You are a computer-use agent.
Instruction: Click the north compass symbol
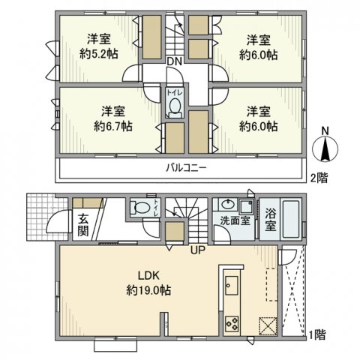point(325,148)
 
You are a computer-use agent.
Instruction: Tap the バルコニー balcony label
point(187,168)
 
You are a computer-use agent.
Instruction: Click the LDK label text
point(149,276)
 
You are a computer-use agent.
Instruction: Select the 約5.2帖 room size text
point(99,54)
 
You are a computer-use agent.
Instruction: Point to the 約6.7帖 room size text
point(113,126)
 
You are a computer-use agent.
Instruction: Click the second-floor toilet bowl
point(175,106)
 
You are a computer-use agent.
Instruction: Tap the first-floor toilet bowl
point(141,208)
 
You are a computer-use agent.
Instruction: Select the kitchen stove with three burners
point(232,324)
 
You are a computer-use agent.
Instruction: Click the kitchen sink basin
point(232,285)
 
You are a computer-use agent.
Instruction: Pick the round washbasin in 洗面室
point(227,205)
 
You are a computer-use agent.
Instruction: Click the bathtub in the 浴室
point(291,219)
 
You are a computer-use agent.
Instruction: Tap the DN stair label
point(174,61)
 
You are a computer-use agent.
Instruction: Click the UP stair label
point(198,250)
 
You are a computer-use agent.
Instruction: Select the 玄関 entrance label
point(83,225)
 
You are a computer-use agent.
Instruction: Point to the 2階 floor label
point(319,178)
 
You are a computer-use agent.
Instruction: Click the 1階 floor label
point(317,334)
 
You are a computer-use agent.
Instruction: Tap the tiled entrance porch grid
point(46,217)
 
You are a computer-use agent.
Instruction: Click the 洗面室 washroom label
point(235,220)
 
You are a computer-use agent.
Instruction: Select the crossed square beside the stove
point(268,325)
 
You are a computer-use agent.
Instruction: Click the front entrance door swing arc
point(51,220)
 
